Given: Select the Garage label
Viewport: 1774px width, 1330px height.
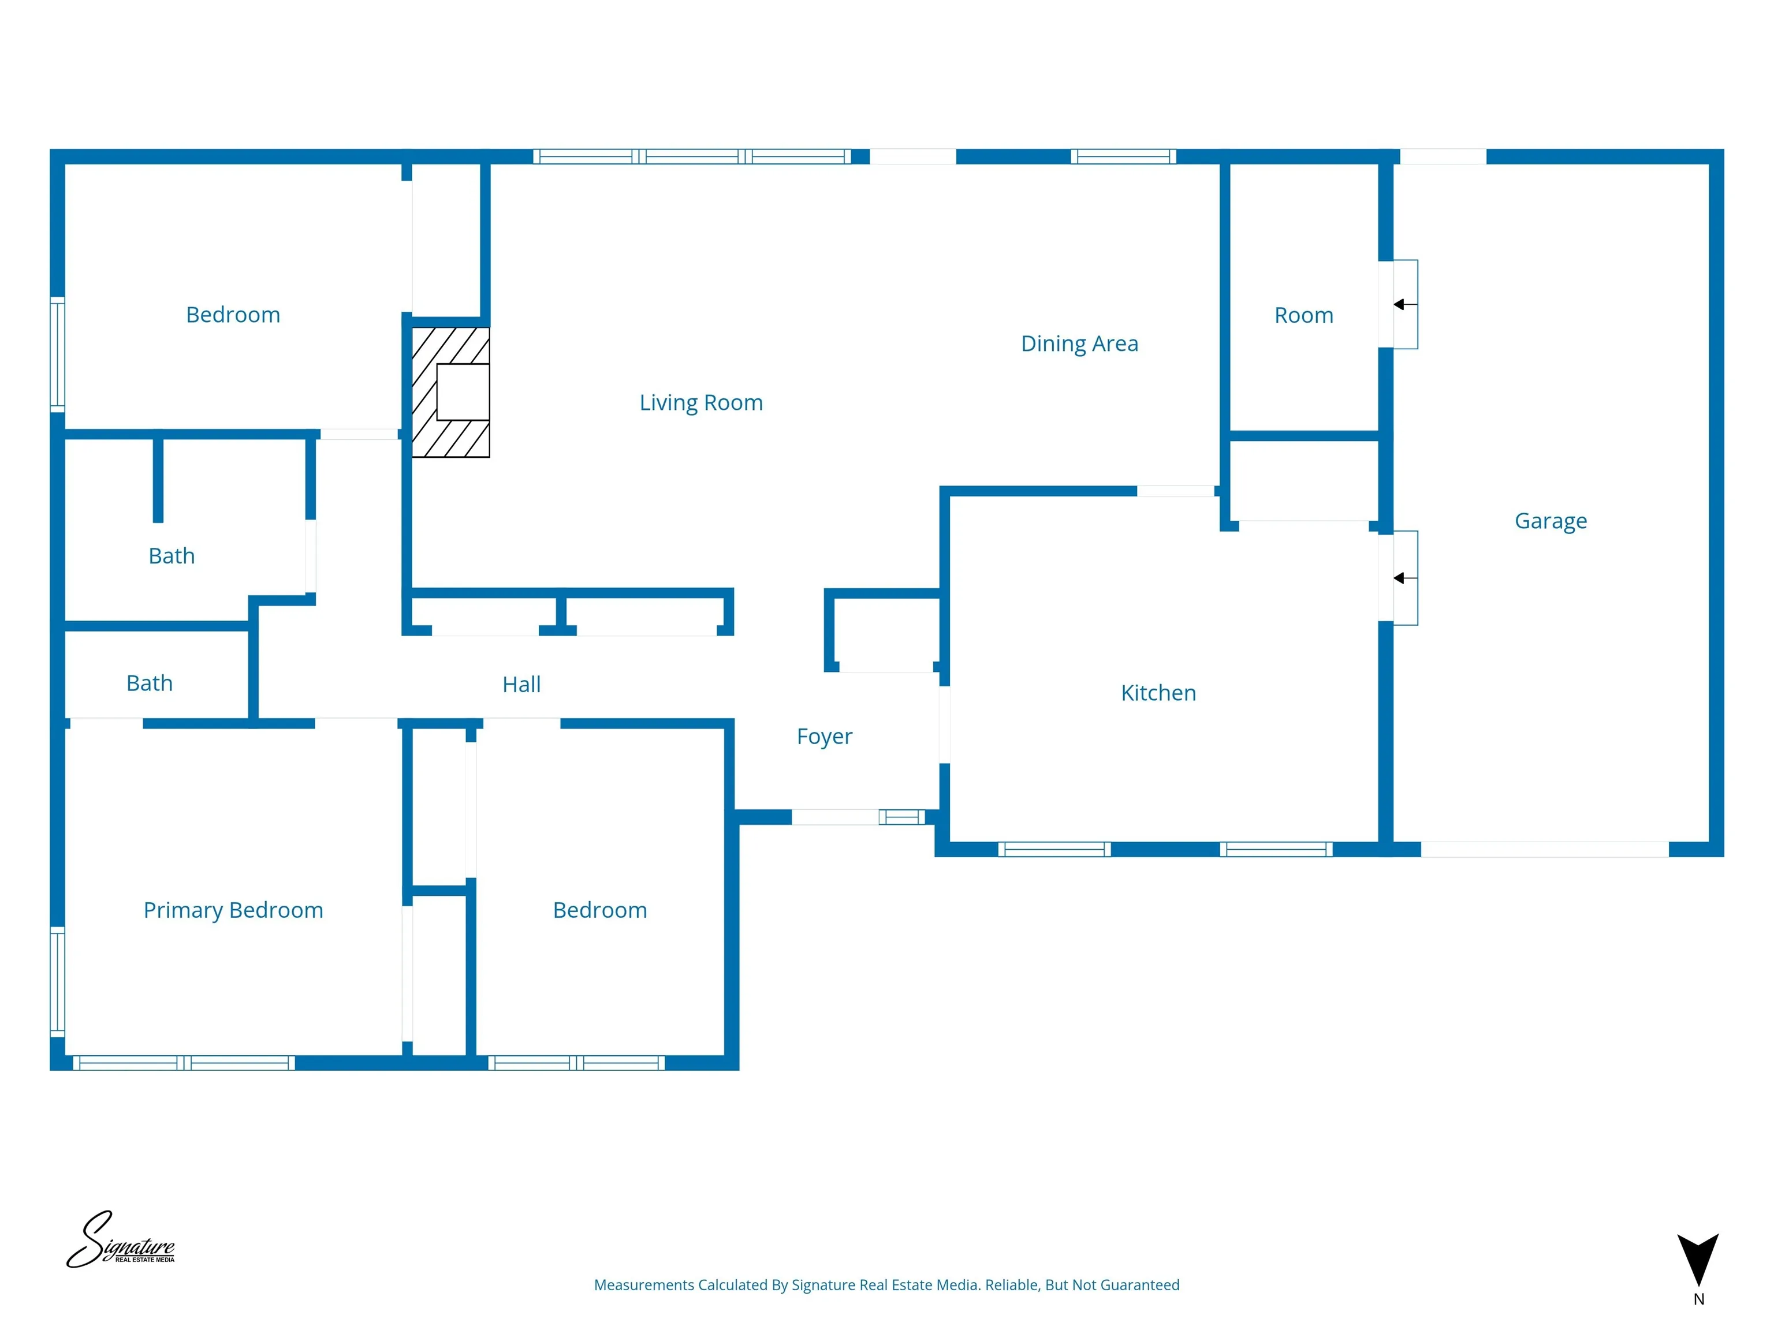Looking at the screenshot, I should (x=1551, y=521).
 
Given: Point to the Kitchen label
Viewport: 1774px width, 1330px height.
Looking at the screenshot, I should (x=1158, y=693).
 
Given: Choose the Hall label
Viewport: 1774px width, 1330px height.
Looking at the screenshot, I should (x=521, y=684).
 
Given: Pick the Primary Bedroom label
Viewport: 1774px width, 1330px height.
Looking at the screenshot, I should (x=233, y=910).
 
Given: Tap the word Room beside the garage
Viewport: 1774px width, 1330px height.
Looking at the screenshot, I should (x=1303, y=315).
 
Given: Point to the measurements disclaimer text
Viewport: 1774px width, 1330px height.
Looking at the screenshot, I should (x=886, y=1285).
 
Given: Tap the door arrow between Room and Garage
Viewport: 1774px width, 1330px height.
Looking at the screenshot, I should (x=1404, y=305).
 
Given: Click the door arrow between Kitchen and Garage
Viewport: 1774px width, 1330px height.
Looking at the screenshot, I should (x=1404, y=578).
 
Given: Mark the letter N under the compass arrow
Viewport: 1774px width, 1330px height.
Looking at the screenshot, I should (x=1698, y=1299).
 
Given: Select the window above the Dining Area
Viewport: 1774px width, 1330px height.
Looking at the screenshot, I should (x=1123, y=156).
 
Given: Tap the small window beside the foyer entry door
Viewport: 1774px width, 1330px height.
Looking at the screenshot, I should (x=901, y=817).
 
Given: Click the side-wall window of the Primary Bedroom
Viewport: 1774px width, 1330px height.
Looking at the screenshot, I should (x=58, y=981).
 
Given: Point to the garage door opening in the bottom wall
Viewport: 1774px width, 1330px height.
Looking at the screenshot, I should (x=1545, y=850).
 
